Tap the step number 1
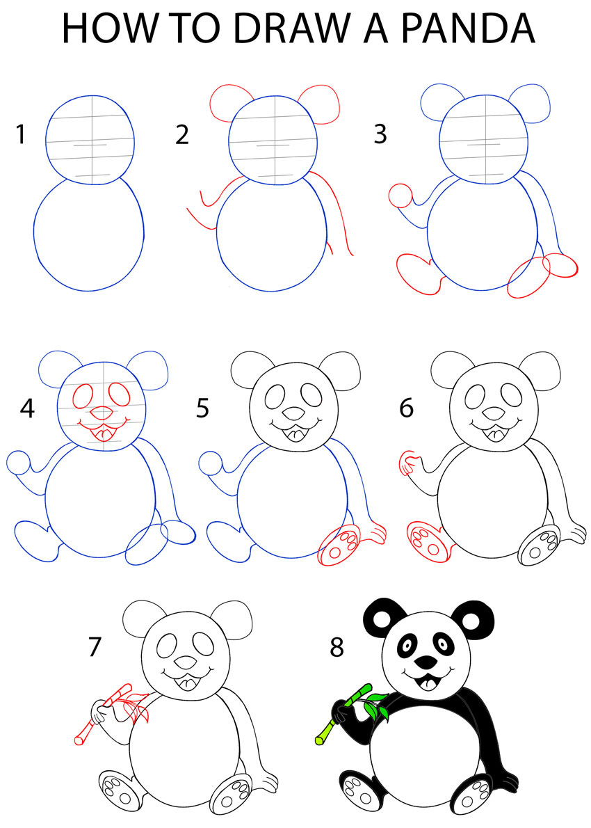coord(21,134)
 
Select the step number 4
coord(27,408)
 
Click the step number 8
coord(337,647)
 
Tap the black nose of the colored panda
coord(426,659)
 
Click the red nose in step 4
coord(101,412)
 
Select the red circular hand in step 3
coord(400,196)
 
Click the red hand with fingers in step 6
coord(410,462)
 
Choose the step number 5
coord(202,408)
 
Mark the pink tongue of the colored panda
coord(426,683)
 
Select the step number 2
coord(182,134)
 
